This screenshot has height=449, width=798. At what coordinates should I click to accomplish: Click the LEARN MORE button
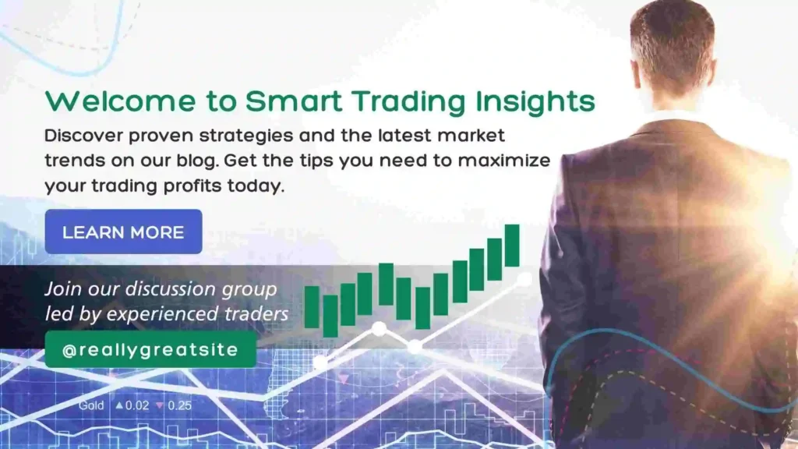(124, 232)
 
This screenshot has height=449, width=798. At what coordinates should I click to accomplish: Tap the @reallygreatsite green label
(150, 349)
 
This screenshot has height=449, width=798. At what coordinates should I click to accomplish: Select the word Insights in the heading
(535, 102)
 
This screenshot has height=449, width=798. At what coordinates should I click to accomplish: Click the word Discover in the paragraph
(83, 136)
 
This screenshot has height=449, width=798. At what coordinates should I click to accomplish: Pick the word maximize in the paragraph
(504, 161)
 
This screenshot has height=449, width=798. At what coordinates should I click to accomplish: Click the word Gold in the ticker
(91, 405)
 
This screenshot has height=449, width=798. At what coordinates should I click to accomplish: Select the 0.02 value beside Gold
(137, 405)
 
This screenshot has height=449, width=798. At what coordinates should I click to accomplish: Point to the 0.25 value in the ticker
(180, 405)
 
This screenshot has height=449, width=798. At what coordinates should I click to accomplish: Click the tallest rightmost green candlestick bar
(512, 246)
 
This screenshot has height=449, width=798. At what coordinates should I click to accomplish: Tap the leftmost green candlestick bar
(312, 307)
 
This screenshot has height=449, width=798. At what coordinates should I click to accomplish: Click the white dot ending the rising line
(524, 279)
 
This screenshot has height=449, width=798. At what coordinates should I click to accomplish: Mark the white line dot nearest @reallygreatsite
(320, 363)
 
